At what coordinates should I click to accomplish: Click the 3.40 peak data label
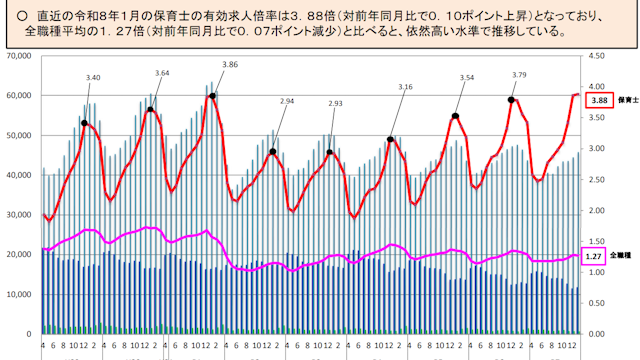pos(94,77)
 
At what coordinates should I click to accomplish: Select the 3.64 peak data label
pos(163,73)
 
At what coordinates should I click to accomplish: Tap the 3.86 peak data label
pos(229,64)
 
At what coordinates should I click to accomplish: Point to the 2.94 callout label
pos(288,101)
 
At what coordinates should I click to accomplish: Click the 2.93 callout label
pos(335,103)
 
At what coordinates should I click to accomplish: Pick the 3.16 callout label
pos(405,87)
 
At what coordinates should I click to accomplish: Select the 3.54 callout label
pos(465,77)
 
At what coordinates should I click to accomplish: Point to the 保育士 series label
pos(628,101)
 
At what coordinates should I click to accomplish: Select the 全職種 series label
pos(628,256)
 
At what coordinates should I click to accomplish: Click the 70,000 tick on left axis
pos(18,56)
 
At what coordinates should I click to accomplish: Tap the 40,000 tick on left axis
pos(18,175)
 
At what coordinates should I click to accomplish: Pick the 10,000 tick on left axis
pos(18,294)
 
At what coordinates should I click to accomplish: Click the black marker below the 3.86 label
pos(213,96)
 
